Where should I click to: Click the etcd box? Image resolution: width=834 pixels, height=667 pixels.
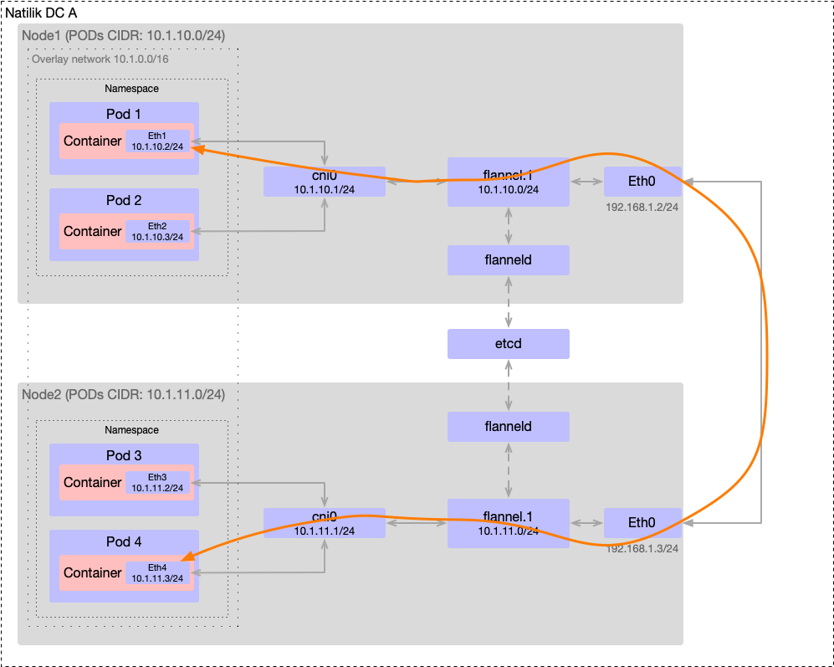pos(508,344)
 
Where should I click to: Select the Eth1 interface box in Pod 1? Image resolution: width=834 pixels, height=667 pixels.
pos(157,141)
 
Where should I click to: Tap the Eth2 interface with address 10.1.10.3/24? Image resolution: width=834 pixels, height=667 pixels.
pos(157,231)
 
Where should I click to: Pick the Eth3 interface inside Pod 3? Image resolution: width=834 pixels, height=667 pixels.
pos(157,482)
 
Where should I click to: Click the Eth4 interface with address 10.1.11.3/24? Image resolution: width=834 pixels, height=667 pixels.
pos(157,572)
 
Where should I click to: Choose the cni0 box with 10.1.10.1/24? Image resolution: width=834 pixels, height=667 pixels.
pos(324,182)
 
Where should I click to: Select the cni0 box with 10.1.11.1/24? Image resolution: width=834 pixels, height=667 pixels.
pos(324,523)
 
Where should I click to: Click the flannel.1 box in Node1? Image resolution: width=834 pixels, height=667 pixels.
pos(508,182)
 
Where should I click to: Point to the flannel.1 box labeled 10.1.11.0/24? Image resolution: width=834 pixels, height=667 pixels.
pos(508,523)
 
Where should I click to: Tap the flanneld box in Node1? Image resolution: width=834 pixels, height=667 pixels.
pos(508,260)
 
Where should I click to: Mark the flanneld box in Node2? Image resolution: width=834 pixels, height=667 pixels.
pos(508,427)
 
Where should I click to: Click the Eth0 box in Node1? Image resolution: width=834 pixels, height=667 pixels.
pos(642,181)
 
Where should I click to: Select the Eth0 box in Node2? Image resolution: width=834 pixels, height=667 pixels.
pos(642,522)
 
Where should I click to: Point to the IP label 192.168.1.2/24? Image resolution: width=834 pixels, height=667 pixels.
pos(642,207)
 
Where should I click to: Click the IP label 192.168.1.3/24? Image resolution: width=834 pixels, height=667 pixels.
pos(642,549)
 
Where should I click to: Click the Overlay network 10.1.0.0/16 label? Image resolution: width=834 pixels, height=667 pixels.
pos(100,59)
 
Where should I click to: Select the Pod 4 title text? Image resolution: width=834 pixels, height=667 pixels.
pos(124,542)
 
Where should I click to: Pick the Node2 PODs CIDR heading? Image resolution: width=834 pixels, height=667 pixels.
pos(122,394)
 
